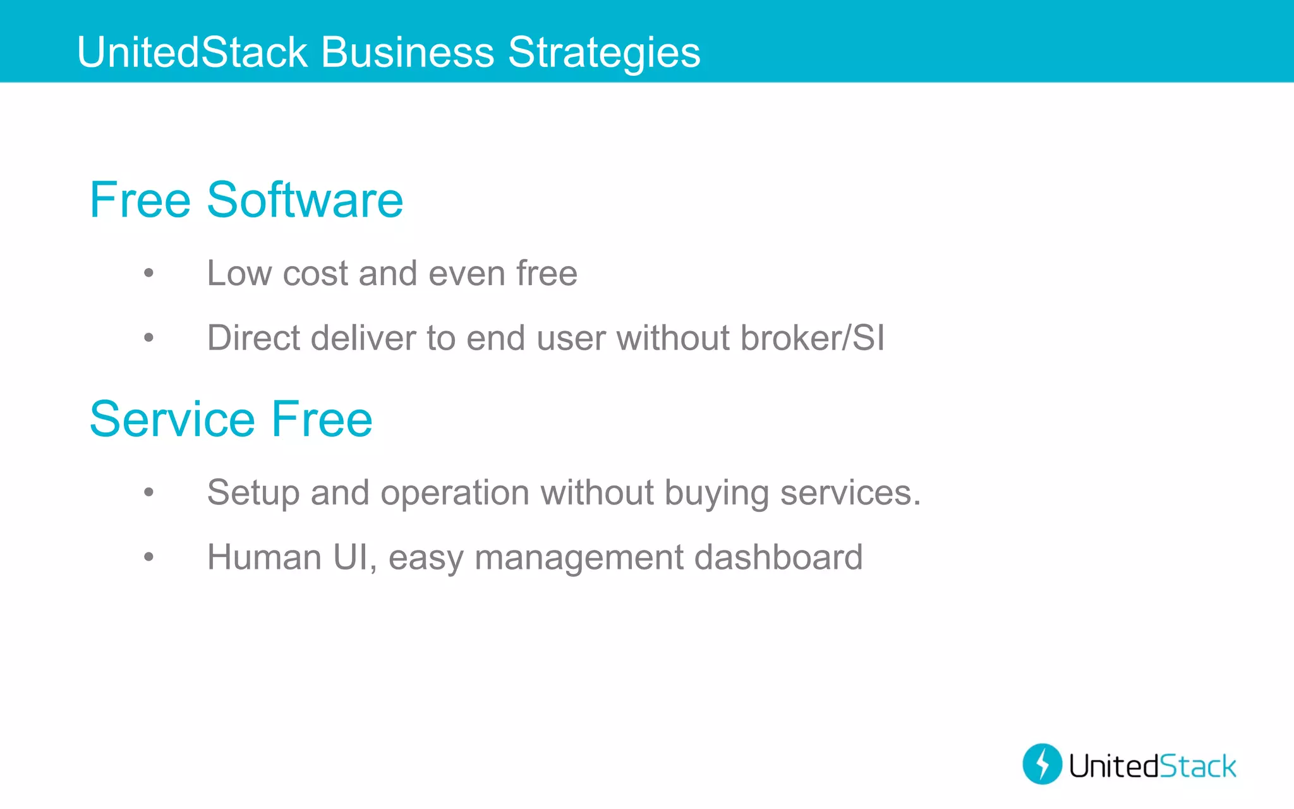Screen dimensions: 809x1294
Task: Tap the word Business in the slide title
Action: pos(408,52)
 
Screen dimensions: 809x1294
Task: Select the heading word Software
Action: pos(305,200)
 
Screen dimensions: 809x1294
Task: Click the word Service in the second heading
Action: pos(172,419)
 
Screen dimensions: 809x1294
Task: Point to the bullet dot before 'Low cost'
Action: pos(148,274)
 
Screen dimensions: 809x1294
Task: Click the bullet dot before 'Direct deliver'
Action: pos(148,338)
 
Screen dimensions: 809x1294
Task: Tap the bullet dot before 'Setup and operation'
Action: pos(148,492)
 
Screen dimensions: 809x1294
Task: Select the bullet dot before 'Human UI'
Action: pos(148,557)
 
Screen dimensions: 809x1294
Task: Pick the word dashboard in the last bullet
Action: pos(778,557)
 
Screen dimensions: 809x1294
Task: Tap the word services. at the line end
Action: pos(850,492)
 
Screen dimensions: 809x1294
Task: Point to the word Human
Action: pos(265,557)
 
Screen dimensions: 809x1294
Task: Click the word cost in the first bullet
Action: pos(315,274)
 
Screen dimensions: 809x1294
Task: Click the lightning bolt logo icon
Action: pos(1042,764)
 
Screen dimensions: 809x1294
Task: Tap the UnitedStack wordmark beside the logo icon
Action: pos(1152,766)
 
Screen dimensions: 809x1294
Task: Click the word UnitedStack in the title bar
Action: pos(192,52)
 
